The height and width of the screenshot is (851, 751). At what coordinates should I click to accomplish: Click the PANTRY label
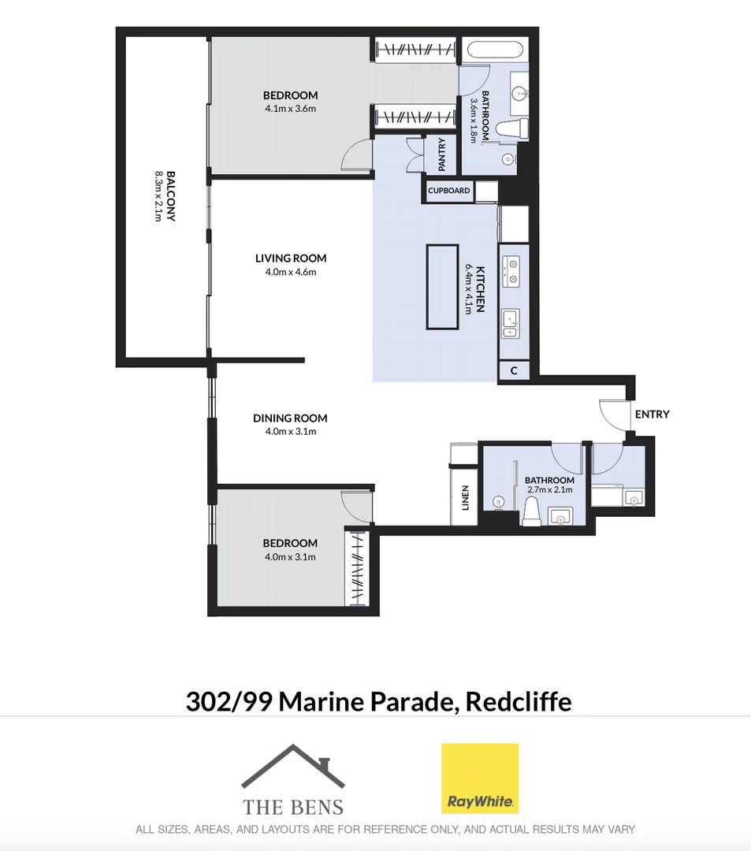tap(442, 154)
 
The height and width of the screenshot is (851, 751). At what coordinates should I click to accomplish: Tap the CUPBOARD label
tap(448, 191)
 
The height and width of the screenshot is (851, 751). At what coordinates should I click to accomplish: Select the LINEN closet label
tap(464, 498)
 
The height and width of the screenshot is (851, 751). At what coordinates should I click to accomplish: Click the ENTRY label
tap(652, 414)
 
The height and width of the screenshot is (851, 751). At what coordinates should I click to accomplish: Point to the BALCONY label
tap(170, 196)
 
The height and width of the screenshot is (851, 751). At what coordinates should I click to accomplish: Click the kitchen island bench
tap(442, 287)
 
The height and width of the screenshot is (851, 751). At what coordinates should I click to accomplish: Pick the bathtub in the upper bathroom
tap(496, 50)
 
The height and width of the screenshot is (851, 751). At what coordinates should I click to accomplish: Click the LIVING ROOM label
tap(291, 258)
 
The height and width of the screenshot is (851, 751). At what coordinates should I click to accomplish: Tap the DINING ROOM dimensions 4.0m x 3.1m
tap(291, 432)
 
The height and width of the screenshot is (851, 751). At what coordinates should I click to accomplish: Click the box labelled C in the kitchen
tap(514, 370)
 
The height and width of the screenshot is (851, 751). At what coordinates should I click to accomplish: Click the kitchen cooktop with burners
tap(511, 272)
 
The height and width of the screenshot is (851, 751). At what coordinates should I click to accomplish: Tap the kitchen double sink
tap(511, 324)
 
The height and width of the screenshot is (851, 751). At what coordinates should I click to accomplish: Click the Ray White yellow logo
tap(480, 779)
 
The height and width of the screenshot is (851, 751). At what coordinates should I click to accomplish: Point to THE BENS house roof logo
tap(293, 766)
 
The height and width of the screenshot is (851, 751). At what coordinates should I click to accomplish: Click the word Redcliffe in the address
tap(519, 701)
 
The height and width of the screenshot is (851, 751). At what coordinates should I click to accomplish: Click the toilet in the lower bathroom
tap(531, 512)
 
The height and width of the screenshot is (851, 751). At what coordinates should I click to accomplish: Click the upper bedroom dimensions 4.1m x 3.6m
tap(290, 109)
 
